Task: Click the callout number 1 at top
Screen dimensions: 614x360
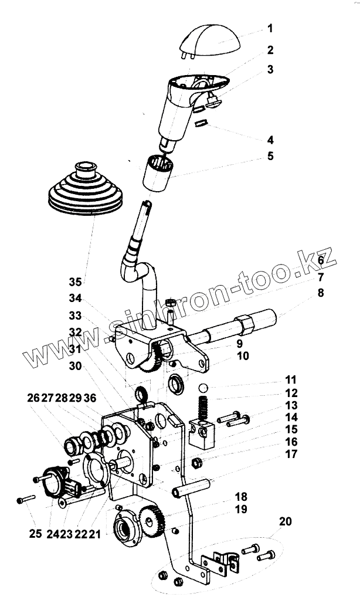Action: tap(270, 28)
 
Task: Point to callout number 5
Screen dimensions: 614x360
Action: tap(270, 157)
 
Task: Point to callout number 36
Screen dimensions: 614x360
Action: tap(106, 398)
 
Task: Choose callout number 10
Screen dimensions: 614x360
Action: tap(243, 355)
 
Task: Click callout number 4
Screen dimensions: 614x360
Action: tap(270, 140)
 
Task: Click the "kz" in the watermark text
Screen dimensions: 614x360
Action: tap(319, 259)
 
